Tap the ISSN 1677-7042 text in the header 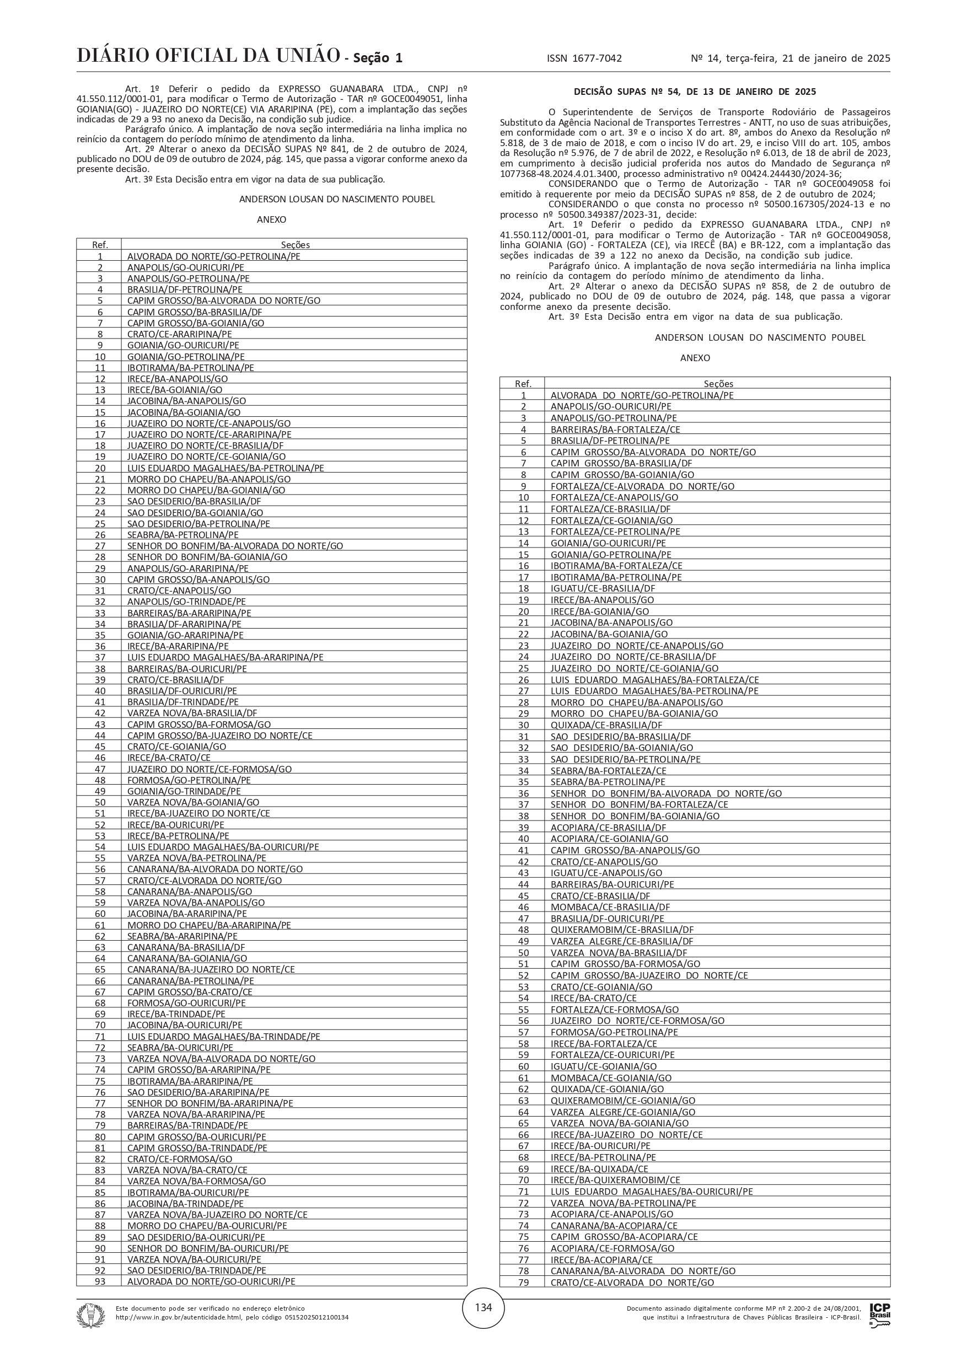pos(584,58)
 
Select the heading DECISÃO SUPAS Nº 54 pos(695,92)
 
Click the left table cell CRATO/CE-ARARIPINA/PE pos(179,334)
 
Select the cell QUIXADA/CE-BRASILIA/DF pos(606,725)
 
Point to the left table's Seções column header pos(295,245)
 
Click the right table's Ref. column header pos(523,384)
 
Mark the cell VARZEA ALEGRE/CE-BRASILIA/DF pos(621,941)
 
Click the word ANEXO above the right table pos(695,358)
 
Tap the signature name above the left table pos(337,199)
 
